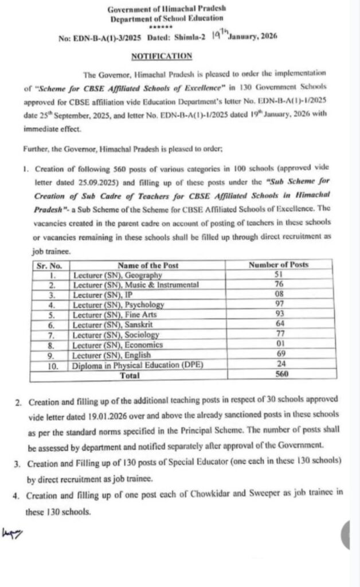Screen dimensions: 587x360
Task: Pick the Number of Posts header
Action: tap(278, 265)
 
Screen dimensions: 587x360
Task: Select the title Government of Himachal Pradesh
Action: tap(181, 10)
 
